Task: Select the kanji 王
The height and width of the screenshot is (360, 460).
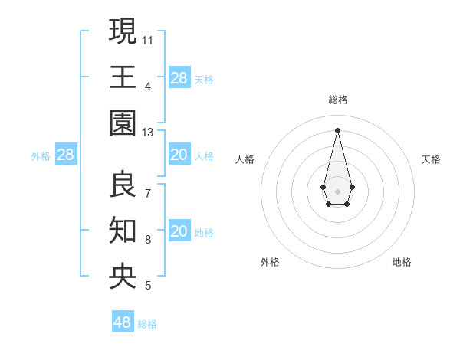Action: [123, 77]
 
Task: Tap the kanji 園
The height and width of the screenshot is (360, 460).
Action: [123, 123]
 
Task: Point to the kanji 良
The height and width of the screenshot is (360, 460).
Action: [123, 184]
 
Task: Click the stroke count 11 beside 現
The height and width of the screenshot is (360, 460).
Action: [148, 39]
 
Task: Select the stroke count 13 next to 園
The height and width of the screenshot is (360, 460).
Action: [148, 133]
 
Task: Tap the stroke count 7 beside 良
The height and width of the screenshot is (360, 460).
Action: [148, 193]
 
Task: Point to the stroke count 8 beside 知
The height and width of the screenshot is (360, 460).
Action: [148, 240]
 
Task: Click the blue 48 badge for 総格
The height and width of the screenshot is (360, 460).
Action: [123, 322]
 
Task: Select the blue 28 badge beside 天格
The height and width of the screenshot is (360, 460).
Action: [179, 77]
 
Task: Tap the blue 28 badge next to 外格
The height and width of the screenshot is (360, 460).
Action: [66, 155]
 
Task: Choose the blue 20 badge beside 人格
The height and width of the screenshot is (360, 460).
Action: [179, 155]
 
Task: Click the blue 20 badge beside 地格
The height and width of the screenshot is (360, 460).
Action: [179, 231]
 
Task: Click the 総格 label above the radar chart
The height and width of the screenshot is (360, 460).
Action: [337, 100]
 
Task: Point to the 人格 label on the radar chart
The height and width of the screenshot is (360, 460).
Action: [245, 159]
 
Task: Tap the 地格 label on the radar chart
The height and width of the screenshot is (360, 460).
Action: [402, 262]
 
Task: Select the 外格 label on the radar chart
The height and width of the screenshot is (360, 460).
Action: [270, 262]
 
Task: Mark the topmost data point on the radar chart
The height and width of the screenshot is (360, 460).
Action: [337, 129]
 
